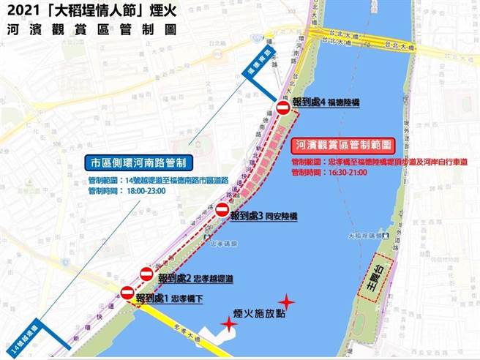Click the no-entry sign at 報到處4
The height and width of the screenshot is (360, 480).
(x=283, y=108)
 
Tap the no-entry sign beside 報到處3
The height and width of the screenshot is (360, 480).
(x=222, y=209)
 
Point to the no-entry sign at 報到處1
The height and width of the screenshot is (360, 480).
(x=127, y=293)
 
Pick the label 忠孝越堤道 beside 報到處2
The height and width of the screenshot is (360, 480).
(x=216, y=279)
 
